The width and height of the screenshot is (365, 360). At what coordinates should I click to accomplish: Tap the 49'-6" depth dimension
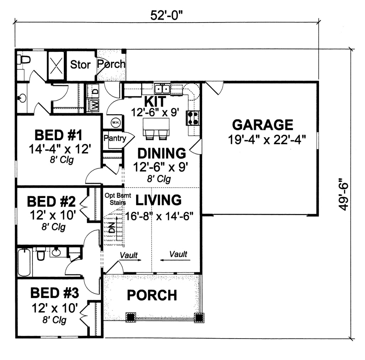point(343,194)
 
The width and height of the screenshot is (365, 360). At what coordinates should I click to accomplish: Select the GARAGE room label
point(263,125)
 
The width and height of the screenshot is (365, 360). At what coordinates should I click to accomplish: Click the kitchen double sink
point(162,88)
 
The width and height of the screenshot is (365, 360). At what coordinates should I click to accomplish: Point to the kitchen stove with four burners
point(193,118)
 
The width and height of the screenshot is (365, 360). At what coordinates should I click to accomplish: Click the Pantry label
point(114,138)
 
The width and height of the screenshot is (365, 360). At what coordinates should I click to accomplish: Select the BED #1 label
point(58,136)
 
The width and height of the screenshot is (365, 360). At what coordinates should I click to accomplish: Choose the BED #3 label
point(54,293)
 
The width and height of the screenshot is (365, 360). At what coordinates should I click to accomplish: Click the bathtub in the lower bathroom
point(24,263)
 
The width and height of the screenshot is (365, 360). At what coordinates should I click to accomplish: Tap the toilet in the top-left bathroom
point(24,59)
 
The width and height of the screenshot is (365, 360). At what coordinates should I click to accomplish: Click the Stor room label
point(80,65)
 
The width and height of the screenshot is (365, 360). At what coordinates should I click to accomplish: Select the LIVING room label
point(158,200)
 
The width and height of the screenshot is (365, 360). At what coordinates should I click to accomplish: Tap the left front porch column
point(131,316)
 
